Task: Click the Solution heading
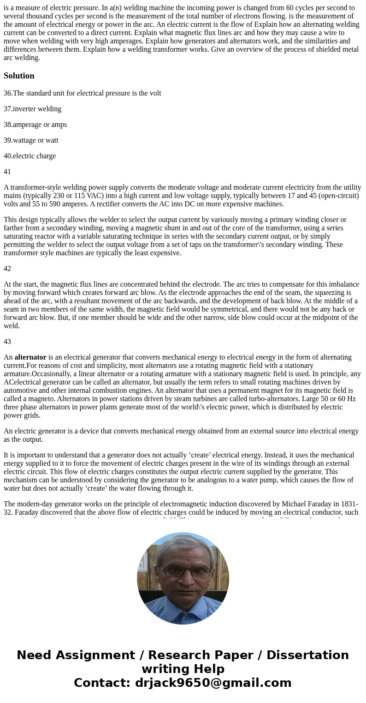point(19,76)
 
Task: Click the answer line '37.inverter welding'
point(32,109)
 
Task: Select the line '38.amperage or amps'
point(35,125)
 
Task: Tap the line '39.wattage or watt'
point(31,140)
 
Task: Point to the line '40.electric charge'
point(30,156)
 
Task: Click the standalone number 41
point(7,172)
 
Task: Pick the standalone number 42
point(7,269)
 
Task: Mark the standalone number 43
point(7,342)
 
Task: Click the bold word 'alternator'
point(30,357)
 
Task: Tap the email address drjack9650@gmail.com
point(213,683)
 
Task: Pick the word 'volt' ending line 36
point(154,93)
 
